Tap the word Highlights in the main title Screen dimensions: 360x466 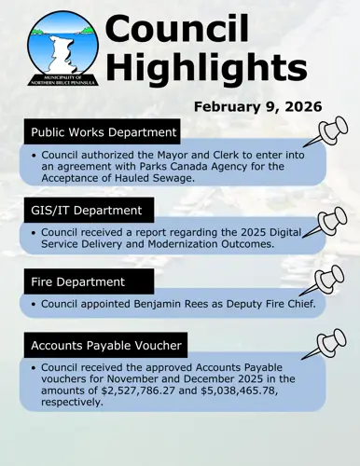point(206,68)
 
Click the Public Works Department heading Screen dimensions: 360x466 point(104,132)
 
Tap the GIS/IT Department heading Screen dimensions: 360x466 point(86,211)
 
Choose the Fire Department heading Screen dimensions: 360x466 point(78,282)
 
